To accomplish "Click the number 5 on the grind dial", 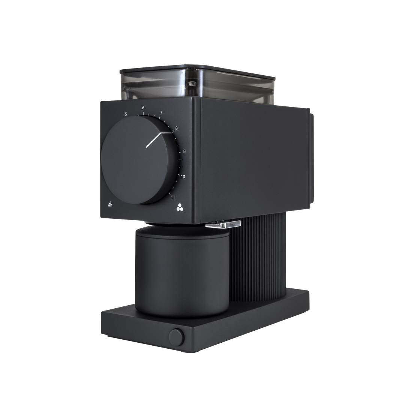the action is pyautogui.click(x=126, y=114).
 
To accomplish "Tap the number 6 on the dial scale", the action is pyautogui.click(x=143, y=108).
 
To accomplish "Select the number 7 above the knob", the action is pyautogui.click(x=161, y=113).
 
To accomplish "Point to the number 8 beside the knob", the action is pyautogui.click(x=176, y=128).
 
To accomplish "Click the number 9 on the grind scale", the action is pyautogui.click(x=184, y=151).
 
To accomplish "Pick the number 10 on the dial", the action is pyautogui.click(x=183, y=176).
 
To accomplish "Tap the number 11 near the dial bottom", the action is pyautogui.click(x=173, y=198).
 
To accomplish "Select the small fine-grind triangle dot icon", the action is pyautogui.click(x=110, y=204).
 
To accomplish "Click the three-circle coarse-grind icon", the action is pyautogui.click(x=180, y=207).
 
